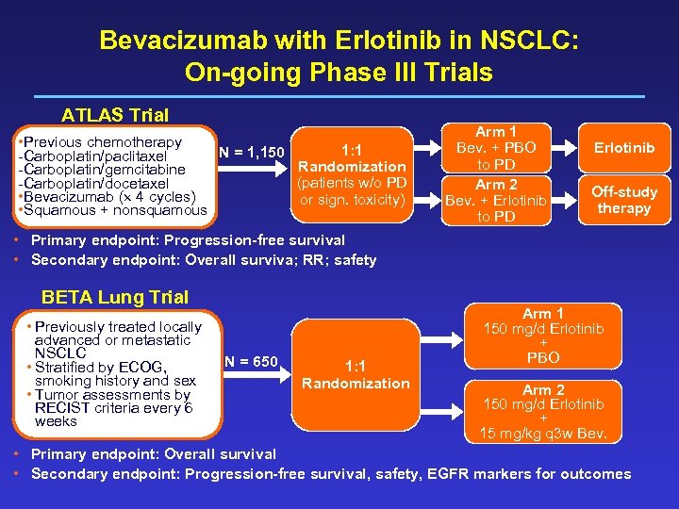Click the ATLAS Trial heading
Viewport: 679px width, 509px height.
click(114, 116)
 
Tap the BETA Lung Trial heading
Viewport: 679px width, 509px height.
click(114, 297)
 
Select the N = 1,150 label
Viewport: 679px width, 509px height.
click(252, 153)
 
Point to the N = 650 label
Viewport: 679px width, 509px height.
click(252, 361)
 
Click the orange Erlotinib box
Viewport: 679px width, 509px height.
click(623, 148)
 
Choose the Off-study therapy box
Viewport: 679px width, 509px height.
click(623, 200)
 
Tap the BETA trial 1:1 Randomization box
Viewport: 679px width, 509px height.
click(356, 374)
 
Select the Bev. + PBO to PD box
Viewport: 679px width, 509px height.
click(496, 148)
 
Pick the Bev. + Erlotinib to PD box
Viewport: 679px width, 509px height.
click(496, 200)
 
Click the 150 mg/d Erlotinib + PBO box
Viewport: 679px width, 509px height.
click(543, 336)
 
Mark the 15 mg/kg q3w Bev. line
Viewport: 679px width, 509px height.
click(543, 435)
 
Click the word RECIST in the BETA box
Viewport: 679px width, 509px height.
click(66, 408)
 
